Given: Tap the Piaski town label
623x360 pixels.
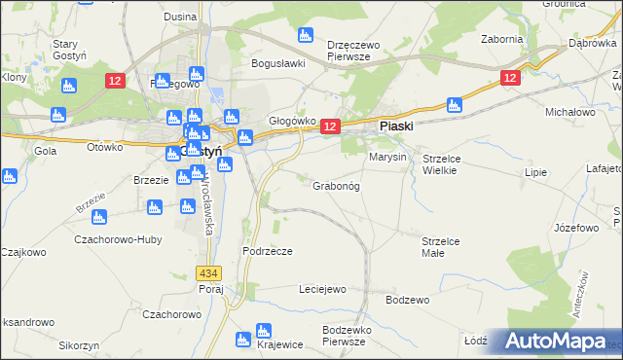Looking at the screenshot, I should pyautogui.click(x=396, y=126).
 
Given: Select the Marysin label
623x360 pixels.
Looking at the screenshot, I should pyautogui.click(x=386, y=157).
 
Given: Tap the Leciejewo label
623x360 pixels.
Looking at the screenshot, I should pyautogui.click(x=322, y=289).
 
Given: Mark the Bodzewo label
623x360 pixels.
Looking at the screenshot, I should pyautogui.click(x=407, y=300).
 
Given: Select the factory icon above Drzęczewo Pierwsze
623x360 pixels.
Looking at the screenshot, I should pyautogui.click(x=306, y=36).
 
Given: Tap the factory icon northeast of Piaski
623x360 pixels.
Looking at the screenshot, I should pyautogui.click(x=452, y=104).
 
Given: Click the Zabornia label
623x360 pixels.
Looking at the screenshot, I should pyautogui.click(x=502, y=40).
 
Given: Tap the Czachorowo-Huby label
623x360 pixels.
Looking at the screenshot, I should pyautogui.click(x=124, y=239).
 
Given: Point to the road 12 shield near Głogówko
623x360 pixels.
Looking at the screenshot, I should pyautogui.click(x=329, y=126).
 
